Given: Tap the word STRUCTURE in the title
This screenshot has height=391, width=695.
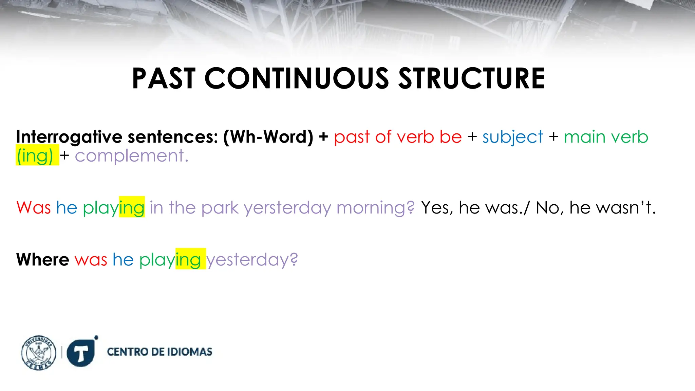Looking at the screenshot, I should point(471,78).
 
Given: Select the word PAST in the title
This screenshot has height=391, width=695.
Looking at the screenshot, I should point(164,78).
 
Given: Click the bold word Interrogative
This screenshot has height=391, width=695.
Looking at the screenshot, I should point(69,137).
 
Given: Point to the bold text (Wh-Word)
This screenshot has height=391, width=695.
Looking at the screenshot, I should point(268,137).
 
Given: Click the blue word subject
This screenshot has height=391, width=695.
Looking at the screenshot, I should point(513,137).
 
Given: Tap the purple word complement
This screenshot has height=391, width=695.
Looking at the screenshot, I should point(131,156).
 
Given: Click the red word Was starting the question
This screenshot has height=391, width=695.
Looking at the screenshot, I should point(34,207).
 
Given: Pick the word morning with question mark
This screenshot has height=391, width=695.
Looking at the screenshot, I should point(375,208).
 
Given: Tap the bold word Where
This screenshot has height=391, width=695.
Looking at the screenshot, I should point(43,260).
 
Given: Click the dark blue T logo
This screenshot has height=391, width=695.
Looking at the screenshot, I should point(81,353).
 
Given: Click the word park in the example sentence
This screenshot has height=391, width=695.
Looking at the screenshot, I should point(220,208).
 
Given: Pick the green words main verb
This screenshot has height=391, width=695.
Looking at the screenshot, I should point(606,137).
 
